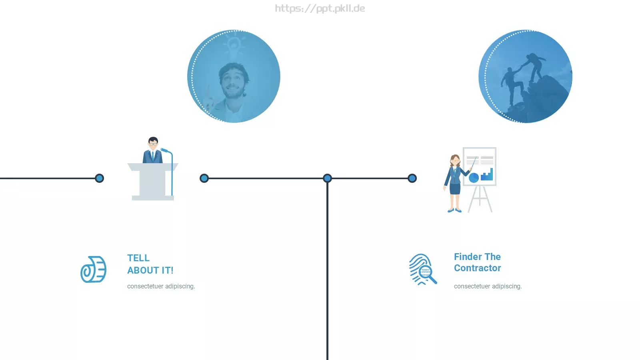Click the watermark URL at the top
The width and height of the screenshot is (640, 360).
320,8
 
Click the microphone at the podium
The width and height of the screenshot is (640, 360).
165,150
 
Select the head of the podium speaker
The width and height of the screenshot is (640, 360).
153,142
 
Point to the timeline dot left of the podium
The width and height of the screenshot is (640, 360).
100,178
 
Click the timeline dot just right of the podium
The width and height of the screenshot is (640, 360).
204,178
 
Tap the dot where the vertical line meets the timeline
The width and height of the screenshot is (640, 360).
328,178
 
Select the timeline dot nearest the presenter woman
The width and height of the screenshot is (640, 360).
412,178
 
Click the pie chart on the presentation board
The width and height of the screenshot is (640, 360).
474,178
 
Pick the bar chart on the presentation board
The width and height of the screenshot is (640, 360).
487,174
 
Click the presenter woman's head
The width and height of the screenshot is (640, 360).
455,160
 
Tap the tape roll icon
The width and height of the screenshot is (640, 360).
94,270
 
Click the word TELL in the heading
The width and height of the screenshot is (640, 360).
138,258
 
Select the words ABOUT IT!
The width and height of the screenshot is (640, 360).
150,270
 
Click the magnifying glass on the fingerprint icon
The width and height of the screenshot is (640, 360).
428,274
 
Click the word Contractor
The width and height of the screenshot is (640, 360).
478,268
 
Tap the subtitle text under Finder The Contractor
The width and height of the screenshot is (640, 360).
488,286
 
